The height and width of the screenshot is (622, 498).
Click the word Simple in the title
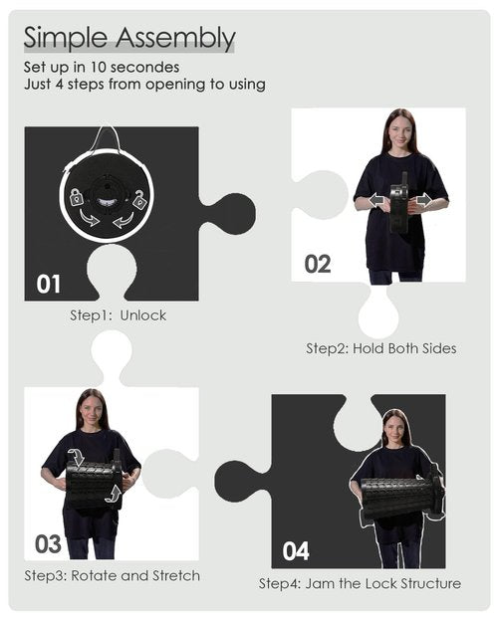coord(66,38)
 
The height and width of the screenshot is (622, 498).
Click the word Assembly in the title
coord(175,39)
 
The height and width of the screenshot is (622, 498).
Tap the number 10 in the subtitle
coord(98,67)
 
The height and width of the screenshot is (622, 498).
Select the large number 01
coord(49,284)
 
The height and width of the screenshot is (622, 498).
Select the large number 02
coord(318,264)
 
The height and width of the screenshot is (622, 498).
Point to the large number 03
coord(48,543)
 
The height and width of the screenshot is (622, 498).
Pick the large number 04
coord(296,551)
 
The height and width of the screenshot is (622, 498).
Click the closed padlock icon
coord(77,197)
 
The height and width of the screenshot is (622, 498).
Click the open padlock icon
coord(139,199)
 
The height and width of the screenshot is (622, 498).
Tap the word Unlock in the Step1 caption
coord(143,315)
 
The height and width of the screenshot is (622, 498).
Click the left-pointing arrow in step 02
coord(377,200)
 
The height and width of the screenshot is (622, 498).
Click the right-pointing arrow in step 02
coord(423,200)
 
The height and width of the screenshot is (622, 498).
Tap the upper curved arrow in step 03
coord(77,457)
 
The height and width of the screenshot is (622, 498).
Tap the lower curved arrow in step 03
coord(114,495)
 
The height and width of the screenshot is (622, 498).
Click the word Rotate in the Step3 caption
coord(94,575)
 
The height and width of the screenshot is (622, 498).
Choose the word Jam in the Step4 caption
coord(318,583)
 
